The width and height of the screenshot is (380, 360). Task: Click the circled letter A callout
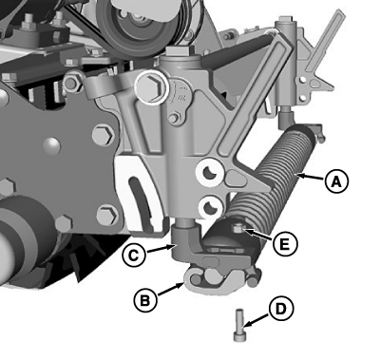[x=336, y=181]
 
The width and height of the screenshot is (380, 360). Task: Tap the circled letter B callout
[x=145, y=300]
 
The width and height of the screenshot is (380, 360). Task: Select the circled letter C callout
[x=134, y=255]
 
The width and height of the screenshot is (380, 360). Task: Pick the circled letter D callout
[x=281, y=310]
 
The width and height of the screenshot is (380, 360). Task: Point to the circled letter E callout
[x=285, y=244]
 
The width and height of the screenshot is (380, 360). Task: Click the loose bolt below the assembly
[x=239, y=326]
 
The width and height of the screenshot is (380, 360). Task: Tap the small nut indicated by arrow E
[x=237, y=228]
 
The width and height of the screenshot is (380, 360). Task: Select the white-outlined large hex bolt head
[x=151, y=87]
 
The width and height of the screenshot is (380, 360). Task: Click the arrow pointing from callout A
[x=312, y=178]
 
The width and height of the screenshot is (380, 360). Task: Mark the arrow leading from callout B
[x=171, y=290]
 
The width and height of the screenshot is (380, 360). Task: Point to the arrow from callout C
[x=161, y=248]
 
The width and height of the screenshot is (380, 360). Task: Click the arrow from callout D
[x=256, y=320]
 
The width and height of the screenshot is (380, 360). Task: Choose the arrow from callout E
[x=258, y=236]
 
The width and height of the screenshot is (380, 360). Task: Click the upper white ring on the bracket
[x=208, y=173]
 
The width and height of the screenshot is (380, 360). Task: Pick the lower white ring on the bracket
[x=209, y=206]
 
